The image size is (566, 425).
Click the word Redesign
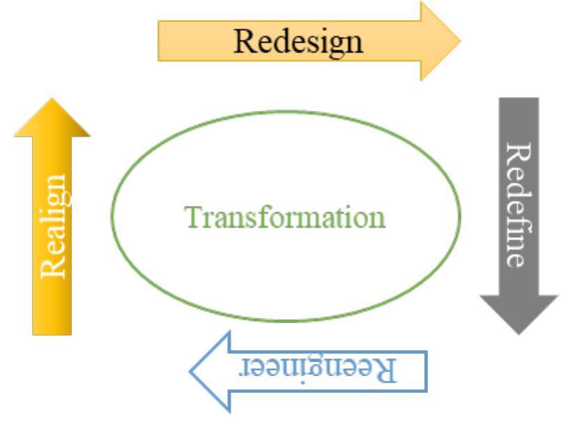pos(298,40)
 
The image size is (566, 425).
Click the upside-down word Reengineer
pos(321,368)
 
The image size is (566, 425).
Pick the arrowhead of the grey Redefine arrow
pos(519,311)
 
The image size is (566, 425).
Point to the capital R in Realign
pos(54,269)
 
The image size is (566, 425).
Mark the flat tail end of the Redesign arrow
pos(161,40)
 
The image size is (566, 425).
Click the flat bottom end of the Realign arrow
pos(52,332)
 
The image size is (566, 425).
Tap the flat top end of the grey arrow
pos(519,100)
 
